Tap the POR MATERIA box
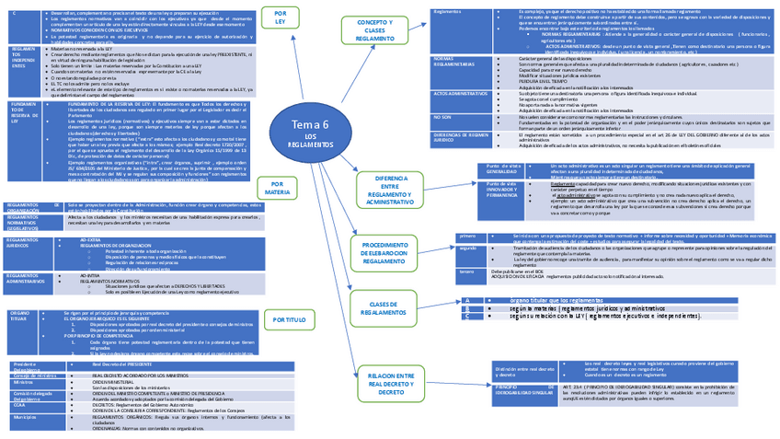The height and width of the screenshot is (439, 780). coord(279,188)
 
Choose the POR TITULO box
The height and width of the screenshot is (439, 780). coord(290,320)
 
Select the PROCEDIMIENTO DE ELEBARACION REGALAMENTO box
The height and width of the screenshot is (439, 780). coord(384,251)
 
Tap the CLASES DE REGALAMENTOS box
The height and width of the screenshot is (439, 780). coord(381,308)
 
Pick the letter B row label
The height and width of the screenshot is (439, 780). coord(469,308)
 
